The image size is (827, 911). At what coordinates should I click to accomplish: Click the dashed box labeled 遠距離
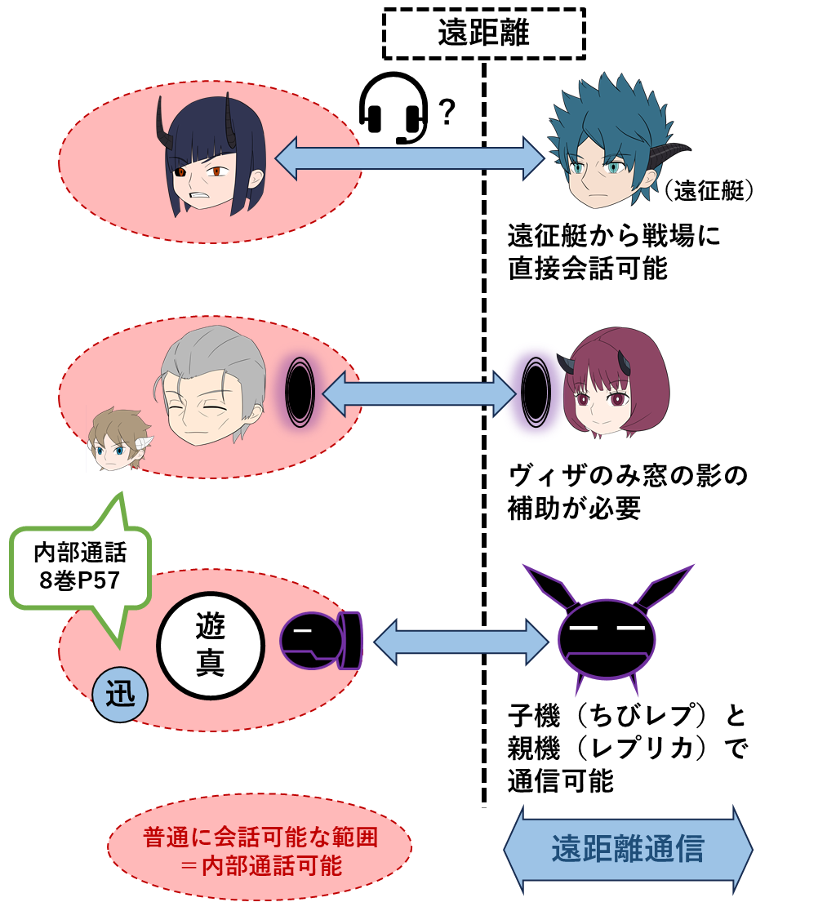(483, 33)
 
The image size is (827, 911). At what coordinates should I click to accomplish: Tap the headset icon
(393, 108)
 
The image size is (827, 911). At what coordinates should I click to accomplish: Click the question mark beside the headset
(447, 112)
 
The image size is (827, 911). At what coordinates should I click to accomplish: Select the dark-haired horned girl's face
(211, 156)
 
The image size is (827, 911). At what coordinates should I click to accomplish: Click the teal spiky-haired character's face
(613, 142)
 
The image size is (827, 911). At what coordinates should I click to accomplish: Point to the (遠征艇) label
(708, 190)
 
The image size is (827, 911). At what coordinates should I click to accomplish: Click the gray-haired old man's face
(211, 386)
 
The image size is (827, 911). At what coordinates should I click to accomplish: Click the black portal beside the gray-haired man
(300, 392)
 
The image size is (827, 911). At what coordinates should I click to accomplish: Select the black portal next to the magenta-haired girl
(536, 392)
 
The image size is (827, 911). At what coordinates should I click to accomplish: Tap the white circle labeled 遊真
(211, 645)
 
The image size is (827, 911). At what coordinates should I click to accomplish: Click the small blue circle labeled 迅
(120, 695)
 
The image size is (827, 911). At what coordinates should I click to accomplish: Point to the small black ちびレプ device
(322, 641)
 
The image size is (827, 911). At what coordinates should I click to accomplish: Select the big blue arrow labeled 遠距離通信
(628, 850)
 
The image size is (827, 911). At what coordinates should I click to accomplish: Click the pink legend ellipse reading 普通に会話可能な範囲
(260, 851)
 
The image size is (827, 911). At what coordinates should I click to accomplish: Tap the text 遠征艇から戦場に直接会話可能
(614, 252)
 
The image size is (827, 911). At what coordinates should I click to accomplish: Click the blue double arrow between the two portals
(419, 394)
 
